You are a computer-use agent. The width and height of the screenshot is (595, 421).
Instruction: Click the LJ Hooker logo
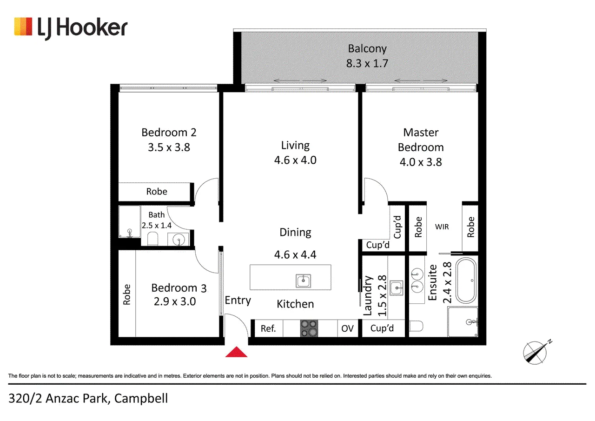pos(71,28)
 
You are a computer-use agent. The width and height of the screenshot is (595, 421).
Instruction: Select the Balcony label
pos(367,49)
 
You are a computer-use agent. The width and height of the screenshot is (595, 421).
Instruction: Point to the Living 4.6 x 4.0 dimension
pos(295,160)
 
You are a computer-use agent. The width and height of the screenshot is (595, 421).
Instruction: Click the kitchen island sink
pos(303,281)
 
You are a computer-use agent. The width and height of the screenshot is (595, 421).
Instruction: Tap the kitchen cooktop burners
pos(309,328)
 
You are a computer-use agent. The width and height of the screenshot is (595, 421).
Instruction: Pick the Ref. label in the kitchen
pos(268,328)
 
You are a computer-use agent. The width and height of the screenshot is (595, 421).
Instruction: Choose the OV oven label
pos(347,328)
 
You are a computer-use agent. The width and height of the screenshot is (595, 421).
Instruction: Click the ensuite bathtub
pos(466,280)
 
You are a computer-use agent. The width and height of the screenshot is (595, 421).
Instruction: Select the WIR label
pos(442,227)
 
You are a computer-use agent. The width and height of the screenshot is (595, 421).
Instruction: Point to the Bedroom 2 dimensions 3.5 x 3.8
pos(169,147)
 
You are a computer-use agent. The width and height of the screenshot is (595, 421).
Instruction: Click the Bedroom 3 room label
pos(179,288)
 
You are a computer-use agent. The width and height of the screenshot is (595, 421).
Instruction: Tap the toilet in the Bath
pos(152,238)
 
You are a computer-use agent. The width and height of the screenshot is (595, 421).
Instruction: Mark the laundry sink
pos(397,288)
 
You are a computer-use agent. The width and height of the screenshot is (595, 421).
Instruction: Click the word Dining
pos(295,232)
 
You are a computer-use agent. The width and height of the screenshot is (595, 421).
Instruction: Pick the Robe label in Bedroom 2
pos(157,191)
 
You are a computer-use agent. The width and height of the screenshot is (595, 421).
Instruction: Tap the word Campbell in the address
pos(141,398)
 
